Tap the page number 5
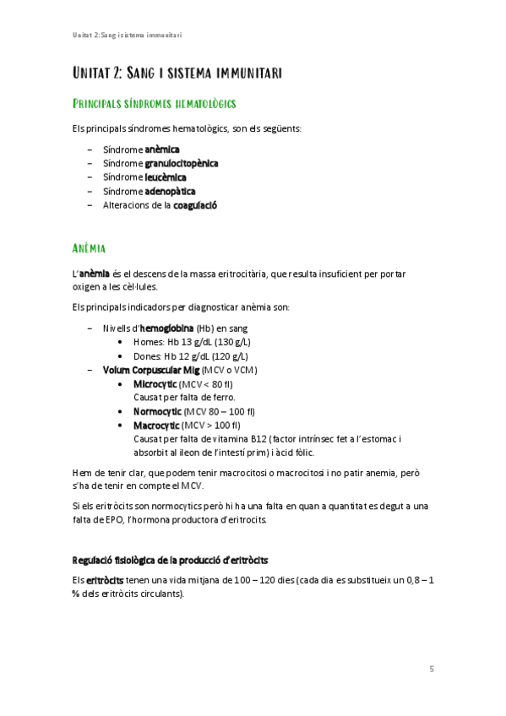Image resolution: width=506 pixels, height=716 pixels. tap(432, 670)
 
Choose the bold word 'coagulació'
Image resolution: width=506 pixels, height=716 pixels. tap(195, 204)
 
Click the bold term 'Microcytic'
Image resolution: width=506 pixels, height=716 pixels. tap(155, 383)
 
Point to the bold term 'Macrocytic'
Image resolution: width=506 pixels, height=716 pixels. tap(155, 425)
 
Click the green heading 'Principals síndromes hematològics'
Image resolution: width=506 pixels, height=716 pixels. tap(154, 104)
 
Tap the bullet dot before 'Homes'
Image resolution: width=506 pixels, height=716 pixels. tap(123, 342)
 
